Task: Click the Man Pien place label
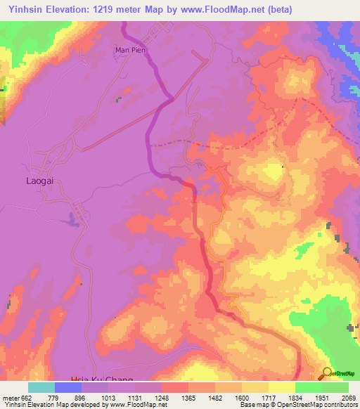[129, 50]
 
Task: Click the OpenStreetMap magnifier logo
[326, 374]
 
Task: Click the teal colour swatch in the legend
[41, 387]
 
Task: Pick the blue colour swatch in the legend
[68, 387]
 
